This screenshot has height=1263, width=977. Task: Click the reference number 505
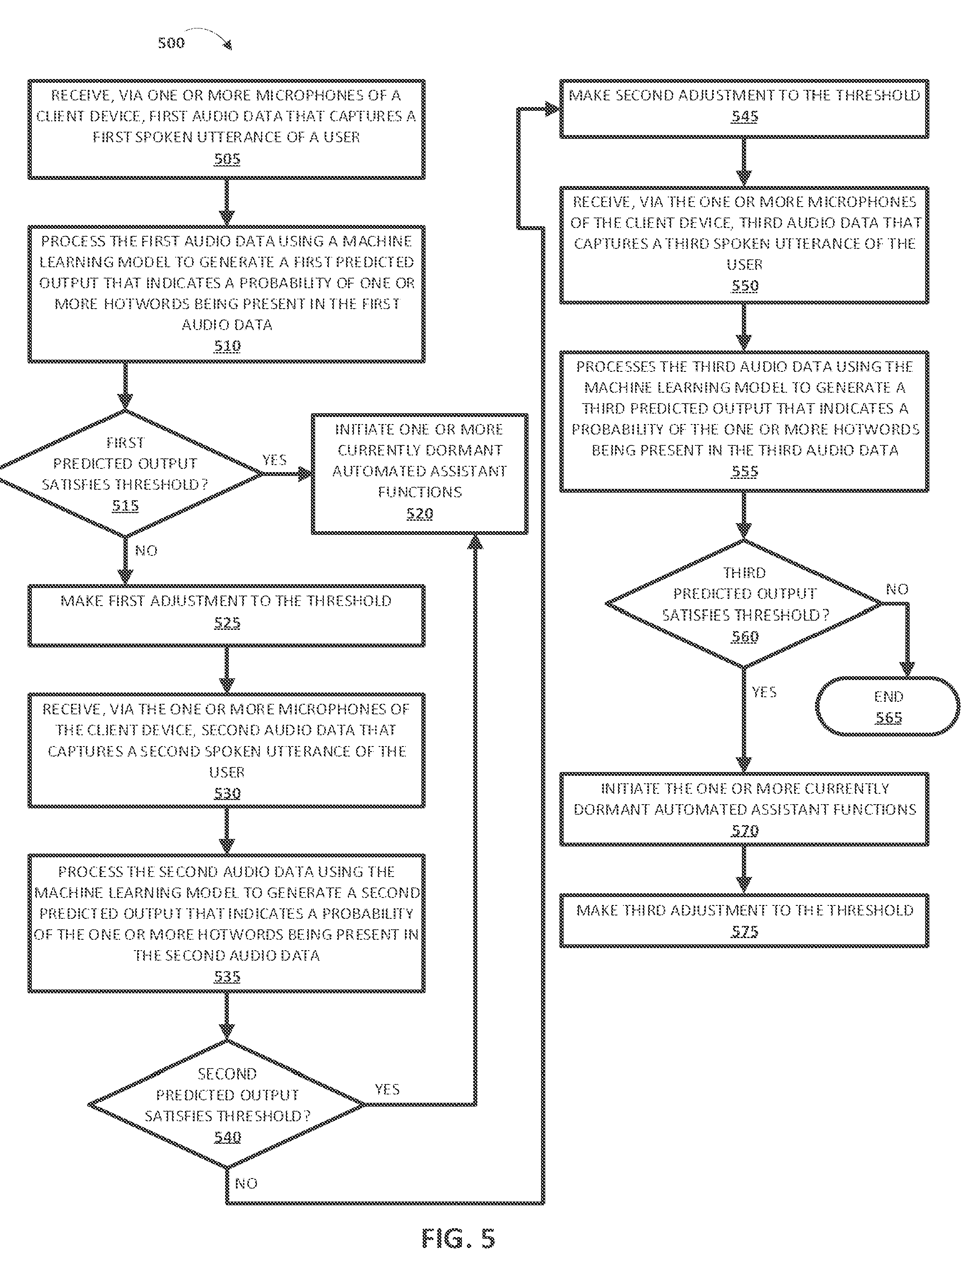[227, 159]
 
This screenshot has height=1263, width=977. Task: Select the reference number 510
[227, 346]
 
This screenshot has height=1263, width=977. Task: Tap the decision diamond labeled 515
[125, 473]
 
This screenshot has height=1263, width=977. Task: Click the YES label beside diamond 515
[274, 460]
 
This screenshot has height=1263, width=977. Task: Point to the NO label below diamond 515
[146, 550]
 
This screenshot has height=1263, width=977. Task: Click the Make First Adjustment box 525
[227, 615]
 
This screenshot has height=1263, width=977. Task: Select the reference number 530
[227, 793]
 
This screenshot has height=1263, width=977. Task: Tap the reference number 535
[227, 976]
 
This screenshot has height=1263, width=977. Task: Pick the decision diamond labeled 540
[227, 1104]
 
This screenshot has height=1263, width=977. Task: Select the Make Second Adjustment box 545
[744, 109]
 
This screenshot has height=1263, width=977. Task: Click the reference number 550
[744, 286]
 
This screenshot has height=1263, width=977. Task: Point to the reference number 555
[744, 471]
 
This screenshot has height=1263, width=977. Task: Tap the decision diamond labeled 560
[744, 604]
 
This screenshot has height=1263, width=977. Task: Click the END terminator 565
[888, 706]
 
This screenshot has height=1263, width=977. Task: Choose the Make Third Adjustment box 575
[744, 920]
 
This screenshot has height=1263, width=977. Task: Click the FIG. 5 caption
[458, 1238]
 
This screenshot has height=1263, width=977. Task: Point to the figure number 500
[171, 43]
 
